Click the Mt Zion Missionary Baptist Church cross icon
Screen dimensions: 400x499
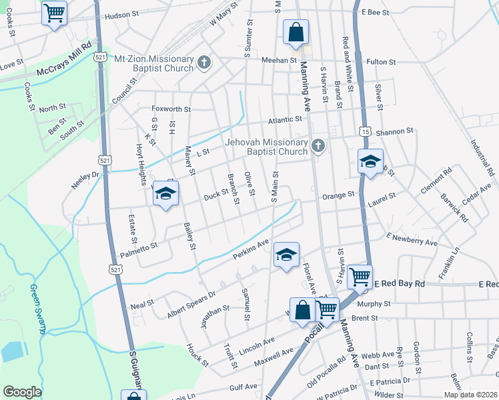pyautogui.click(x=205, y=63)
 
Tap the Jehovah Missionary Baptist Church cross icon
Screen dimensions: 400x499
pyautogui.click(x=318, y=146)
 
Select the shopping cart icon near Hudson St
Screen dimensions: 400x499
pyautogui.click(x=54, y=12)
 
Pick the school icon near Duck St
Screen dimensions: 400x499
pyautogui.click(x=165, y=193)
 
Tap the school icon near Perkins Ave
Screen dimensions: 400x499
pyautogui.click(x=286, y=255)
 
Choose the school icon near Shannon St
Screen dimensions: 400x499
pyautogui.click(x=370, y=161)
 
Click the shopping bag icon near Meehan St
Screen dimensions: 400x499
pyautogui.click(x=295, y=32)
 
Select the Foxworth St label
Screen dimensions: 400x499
pyautogui.click(x=171, y=109)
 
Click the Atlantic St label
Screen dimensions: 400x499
pyautogui.click(x=285, y=120)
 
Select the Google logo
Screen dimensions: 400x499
pyautogui.click(x=22, y=392)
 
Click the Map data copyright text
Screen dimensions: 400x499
pyautogui.click(x=470, y=395)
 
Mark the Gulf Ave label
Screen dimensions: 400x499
pyautogui.click(x=243, y=387)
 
